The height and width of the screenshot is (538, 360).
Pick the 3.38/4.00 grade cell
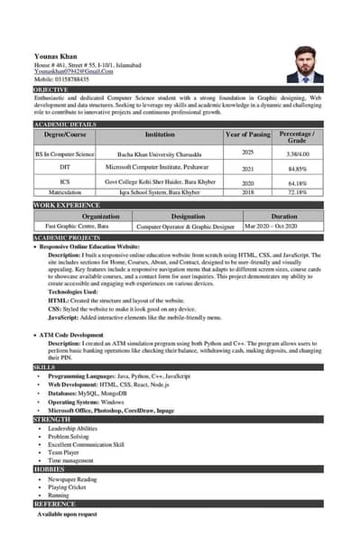pos(297,154)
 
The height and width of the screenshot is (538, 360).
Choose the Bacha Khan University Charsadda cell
pos(160,154)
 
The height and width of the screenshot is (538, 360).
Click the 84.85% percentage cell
pos(297,169)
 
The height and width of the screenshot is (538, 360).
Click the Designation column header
pos(188,217)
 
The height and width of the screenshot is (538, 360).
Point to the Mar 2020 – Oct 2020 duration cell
pos(283,227)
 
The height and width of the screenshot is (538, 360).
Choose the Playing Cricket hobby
pos(70,487)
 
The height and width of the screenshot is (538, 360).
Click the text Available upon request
pos(67,514)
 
